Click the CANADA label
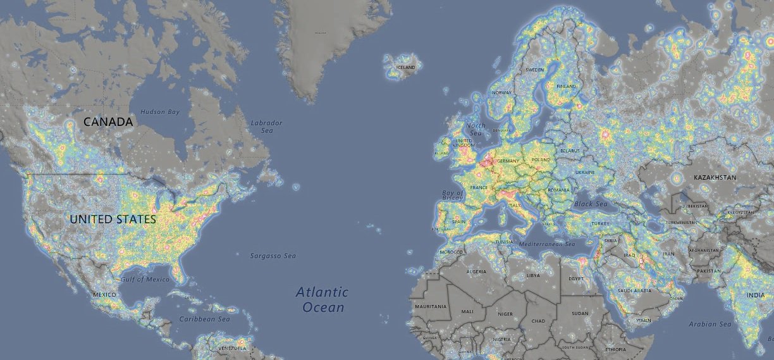coord(109,121)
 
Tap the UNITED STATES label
coord(113,220)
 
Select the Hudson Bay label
coord(160,112)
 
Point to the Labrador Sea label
coord(266,126)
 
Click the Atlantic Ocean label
coord(322,300)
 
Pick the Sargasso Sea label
coord(273,256)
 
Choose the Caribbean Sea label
coord(204,320)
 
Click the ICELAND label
coord(405,67)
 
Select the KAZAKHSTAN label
coord(715,178)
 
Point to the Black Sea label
coord(591,204)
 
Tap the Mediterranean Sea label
coord(546,244)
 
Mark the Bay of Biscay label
coord(453,196)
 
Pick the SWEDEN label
coord(535,70)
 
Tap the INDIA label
coord(755,295)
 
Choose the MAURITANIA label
coord(431,306)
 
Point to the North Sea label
coord(476,130)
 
